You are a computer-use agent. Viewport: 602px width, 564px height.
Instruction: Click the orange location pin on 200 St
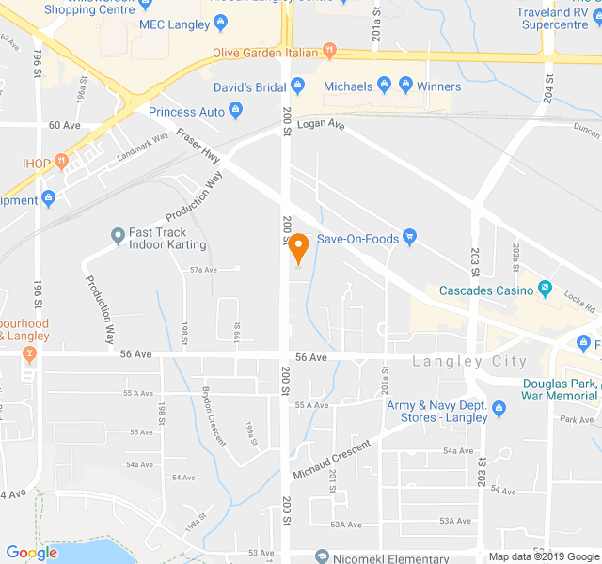click(x=298, y=248)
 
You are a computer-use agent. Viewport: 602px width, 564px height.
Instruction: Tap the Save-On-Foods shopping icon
click(x=409, y=237)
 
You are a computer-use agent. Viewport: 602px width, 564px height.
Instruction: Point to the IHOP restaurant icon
click(x=61, y=162)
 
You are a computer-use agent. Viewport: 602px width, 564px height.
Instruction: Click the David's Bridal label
click(x=248, y=87)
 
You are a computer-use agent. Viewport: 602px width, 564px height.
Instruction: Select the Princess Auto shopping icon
click(x=235, y=112)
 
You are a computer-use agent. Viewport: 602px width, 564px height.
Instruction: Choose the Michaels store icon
click(x=384, y=86)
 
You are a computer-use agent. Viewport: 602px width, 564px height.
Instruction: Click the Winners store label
click(x=439, y=87)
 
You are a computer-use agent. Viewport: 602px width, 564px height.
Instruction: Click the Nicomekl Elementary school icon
click(x=323, y=556)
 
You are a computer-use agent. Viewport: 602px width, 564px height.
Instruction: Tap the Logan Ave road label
click(x=321, y=124)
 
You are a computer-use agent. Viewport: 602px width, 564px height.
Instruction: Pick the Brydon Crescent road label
click(x=214, y=415)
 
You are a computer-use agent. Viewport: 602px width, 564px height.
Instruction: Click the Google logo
click(x=32, y=553)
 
